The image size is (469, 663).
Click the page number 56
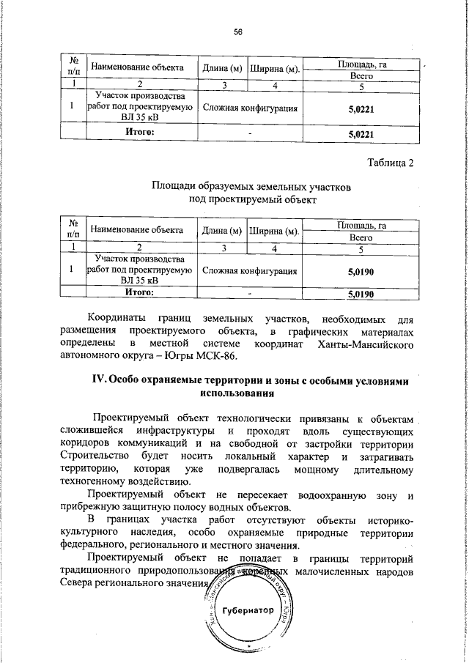point(237,32)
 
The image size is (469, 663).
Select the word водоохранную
point(338,496)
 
